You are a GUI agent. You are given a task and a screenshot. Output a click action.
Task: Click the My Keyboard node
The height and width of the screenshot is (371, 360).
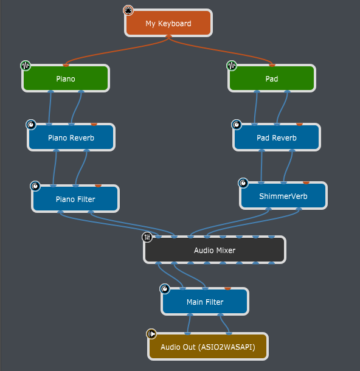[168, 23]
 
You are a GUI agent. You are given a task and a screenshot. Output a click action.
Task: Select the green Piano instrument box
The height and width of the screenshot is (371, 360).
[66, 78]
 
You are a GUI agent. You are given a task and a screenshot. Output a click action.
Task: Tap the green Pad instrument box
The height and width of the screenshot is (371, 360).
[272, 78]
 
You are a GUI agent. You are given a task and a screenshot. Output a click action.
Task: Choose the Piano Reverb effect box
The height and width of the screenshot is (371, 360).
[71, 137]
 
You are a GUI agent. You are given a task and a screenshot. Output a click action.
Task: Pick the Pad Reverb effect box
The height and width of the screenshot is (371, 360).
[277, 137]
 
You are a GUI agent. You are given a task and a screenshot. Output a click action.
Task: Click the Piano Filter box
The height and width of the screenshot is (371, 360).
[75, 198]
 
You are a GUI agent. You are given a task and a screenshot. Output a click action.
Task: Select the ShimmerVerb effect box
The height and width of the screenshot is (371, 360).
[283, 196]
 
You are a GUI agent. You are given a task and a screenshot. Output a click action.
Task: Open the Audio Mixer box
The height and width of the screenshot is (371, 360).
[215, 250]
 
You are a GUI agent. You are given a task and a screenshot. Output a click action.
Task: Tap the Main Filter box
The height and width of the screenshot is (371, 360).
[205, 302]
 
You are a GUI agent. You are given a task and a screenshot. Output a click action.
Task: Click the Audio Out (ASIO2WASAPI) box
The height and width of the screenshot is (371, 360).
[208, 347]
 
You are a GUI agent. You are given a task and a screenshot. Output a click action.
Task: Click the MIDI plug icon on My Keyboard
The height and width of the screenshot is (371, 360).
[128, 10]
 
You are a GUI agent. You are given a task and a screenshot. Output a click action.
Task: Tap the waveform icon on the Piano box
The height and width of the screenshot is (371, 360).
[26, 66]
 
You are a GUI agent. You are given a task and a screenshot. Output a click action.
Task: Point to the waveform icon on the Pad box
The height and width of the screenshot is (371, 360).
[232, 66]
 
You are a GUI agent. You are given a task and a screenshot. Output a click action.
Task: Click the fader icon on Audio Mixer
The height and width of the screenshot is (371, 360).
[147, 237]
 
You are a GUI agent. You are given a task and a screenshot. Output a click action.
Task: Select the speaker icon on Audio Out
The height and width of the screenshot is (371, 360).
[151, 334]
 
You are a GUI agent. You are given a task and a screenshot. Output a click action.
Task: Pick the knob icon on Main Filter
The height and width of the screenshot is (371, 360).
[165, 289]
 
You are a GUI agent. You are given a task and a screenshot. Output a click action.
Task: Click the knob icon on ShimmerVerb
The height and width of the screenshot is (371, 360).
[243, 183]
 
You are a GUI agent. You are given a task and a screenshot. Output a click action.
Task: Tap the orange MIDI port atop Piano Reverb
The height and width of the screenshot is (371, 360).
[94, 124]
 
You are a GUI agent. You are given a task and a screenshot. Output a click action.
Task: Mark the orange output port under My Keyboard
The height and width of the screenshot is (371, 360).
[168, 36]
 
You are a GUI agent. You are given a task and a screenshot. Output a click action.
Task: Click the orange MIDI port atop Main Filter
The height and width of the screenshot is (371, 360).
[227, 288]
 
